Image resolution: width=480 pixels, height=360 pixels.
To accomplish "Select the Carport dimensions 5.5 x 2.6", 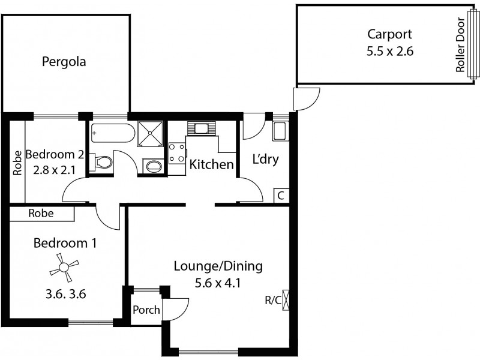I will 390,51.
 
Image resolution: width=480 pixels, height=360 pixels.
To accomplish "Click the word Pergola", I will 64,61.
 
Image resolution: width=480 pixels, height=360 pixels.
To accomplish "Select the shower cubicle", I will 150,132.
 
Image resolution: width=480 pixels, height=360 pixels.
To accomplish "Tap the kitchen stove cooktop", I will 176,152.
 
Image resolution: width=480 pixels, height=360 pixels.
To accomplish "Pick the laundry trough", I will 280,130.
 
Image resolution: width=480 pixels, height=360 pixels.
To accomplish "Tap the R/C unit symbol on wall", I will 286,299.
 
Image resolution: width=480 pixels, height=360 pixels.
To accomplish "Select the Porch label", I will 146,310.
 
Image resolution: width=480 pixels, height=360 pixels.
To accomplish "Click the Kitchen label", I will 211,164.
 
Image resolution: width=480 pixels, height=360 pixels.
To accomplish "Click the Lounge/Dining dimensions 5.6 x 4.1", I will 218,283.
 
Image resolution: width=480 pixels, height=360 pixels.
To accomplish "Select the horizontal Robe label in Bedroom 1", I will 41,213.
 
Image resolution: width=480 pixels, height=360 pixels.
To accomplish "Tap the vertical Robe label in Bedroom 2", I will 17,162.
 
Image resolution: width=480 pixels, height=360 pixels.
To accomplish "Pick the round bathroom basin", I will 154,166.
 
